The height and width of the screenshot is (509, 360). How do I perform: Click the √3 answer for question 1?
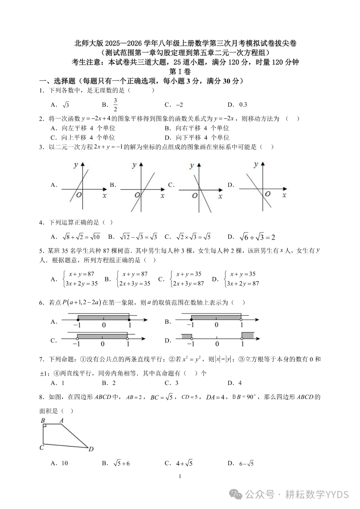click(66, 105)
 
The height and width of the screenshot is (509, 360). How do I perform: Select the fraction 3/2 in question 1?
click(115, 105)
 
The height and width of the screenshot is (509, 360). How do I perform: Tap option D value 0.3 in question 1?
click(243, 105)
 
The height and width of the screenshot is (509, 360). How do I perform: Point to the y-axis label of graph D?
click(256, 164)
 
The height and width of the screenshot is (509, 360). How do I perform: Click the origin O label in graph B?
click(137, 195)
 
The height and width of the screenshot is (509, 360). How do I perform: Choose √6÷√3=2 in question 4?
click(257, 237)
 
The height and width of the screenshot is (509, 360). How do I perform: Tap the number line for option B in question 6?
click(217, 320)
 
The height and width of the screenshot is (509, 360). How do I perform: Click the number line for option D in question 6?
click(218, 338)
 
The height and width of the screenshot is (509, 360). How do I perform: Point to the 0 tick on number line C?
click(103, 344)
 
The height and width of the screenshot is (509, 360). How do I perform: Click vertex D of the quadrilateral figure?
click(91, 449)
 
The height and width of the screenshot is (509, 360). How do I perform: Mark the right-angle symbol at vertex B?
click(45, 426)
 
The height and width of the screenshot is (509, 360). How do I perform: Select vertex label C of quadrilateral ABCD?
click(42, 448)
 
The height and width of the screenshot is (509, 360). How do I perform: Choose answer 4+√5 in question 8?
click(184, 463)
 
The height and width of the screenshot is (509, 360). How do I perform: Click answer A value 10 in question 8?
click(64, 463)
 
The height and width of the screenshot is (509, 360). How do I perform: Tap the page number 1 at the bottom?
click(180, 476)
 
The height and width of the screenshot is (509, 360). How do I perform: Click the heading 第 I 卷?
click(180, 72)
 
